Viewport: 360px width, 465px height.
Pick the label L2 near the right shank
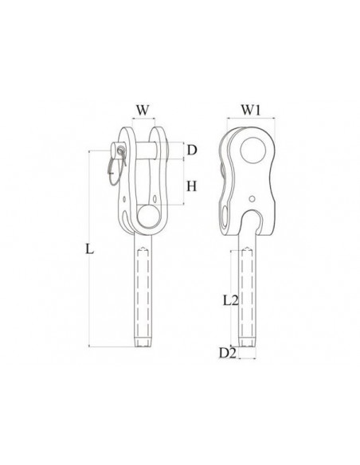pyautogui.click(x=231, y=301)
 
